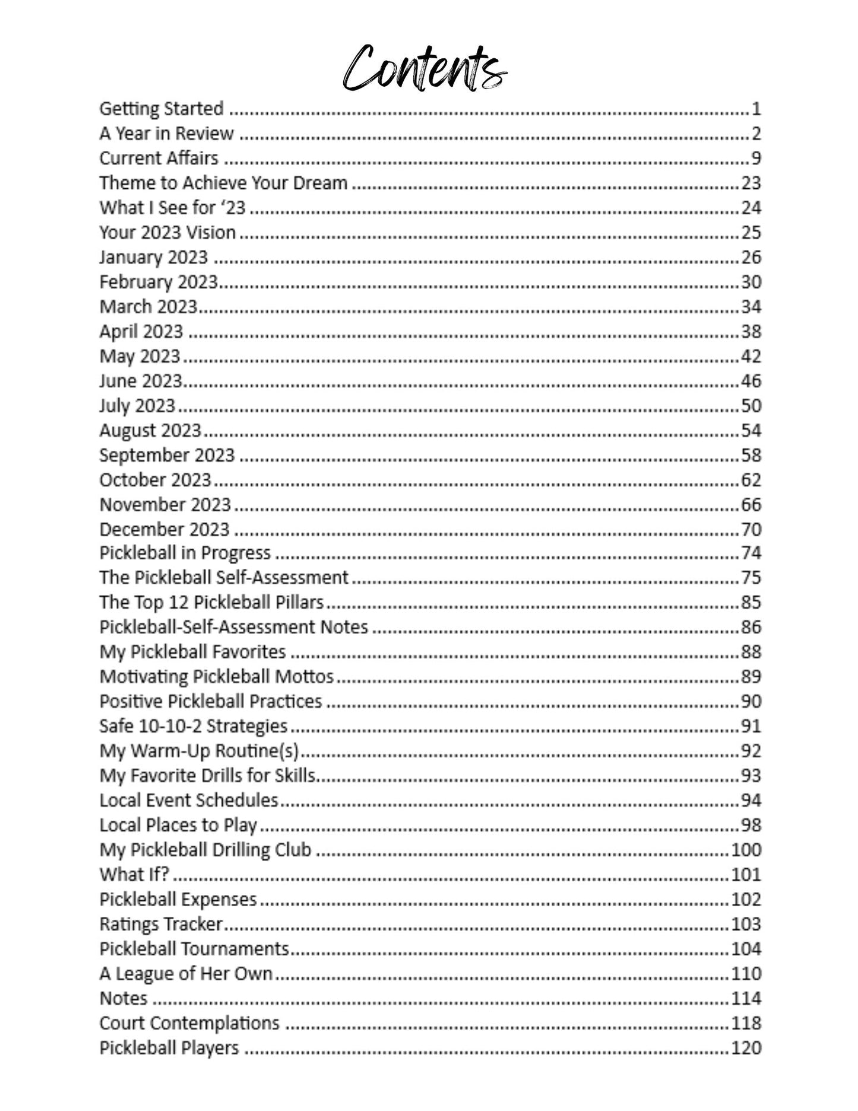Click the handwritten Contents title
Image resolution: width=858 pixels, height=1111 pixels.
(x=425, y=68)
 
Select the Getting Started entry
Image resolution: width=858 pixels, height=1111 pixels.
(x=162, y=109)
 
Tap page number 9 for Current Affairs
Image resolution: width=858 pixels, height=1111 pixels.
(x=755, y=158)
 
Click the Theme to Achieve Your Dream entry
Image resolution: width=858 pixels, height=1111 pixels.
(x=223, y=183)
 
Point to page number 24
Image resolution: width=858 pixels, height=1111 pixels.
(x=751, y=208)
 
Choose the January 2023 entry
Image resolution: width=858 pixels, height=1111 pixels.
(x=154, y=257)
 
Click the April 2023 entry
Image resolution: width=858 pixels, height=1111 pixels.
(x=141, y=331)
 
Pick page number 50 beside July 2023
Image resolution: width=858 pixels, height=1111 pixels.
(x=751, y=406)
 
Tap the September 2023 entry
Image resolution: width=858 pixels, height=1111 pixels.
(x=167, y=455)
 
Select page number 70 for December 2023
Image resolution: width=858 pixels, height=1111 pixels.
(x=751, y=529)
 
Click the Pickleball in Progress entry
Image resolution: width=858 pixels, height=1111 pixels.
(x=185, y=553)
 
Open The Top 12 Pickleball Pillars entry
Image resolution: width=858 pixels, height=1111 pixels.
(x=211, y=603)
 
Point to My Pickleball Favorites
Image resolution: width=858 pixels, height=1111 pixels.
(x=193, y=652)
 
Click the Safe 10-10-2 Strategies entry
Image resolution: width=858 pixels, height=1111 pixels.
(x=194, y=726)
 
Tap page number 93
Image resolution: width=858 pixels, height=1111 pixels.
(x=751, y=776)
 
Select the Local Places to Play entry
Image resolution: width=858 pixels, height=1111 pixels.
(x=178, y=825)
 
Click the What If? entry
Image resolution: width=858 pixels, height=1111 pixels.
(x=134, y=875)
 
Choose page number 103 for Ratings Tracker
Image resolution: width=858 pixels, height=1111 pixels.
(x=746, y=924)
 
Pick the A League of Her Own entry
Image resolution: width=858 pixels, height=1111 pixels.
(x=186, y=974)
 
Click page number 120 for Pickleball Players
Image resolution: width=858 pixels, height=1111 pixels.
(x=746, y=1048)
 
